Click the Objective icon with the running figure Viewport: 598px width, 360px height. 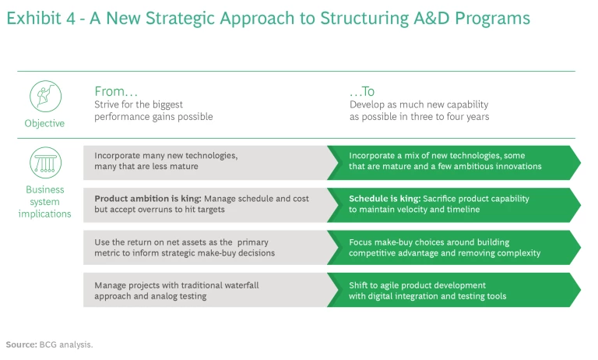[x=45, y=96]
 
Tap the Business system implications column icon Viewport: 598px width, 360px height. [x=45, y=163]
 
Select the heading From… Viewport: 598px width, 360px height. [x=116, y=91]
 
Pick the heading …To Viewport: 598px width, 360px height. [x=362, y=91]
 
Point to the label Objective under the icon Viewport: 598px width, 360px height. [x=45, y=123]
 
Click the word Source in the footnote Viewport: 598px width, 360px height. [x=21, y=344]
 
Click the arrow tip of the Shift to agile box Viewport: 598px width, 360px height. [x=579, y=290]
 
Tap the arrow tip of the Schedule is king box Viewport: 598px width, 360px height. [x=579, y=204]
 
